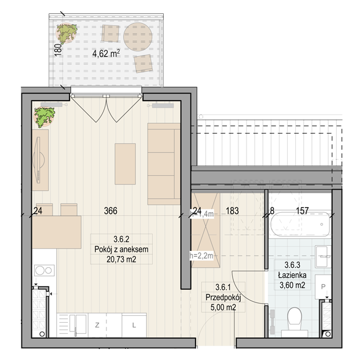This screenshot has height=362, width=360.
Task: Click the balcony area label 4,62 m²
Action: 106,54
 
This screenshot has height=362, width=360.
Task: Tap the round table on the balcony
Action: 138,36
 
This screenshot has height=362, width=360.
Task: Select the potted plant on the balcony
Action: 67,34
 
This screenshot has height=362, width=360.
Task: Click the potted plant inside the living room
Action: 45,117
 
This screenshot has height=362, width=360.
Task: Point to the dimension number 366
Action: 111,211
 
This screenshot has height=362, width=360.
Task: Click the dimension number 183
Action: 232,211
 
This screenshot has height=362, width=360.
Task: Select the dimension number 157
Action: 302,210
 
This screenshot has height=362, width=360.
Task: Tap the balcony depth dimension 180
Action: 58,50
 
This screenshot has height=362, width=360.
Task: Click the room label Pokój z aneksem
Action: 122,249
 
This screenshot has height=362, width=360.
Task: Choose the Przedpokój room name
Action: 223,297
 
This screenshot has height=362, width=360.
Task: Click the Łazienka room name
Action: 292,275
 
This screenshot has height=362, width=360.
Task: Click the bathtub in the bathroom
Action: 300,224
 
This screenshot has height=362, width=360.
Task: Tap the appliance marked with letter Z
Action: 97,326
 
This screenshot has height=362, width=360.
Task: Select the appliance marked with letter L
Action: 134,326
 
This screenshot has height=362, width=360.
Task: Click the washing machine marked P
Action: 323,287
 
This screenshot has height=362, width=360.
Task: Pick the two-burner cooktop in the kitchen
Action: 45,271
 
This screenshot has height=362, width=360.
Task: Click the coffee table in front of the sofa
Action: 125,164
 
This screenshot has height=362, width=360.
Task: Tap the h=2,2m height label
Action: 201,256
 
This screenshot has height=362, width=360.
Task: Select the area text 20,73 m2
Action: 122,260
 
